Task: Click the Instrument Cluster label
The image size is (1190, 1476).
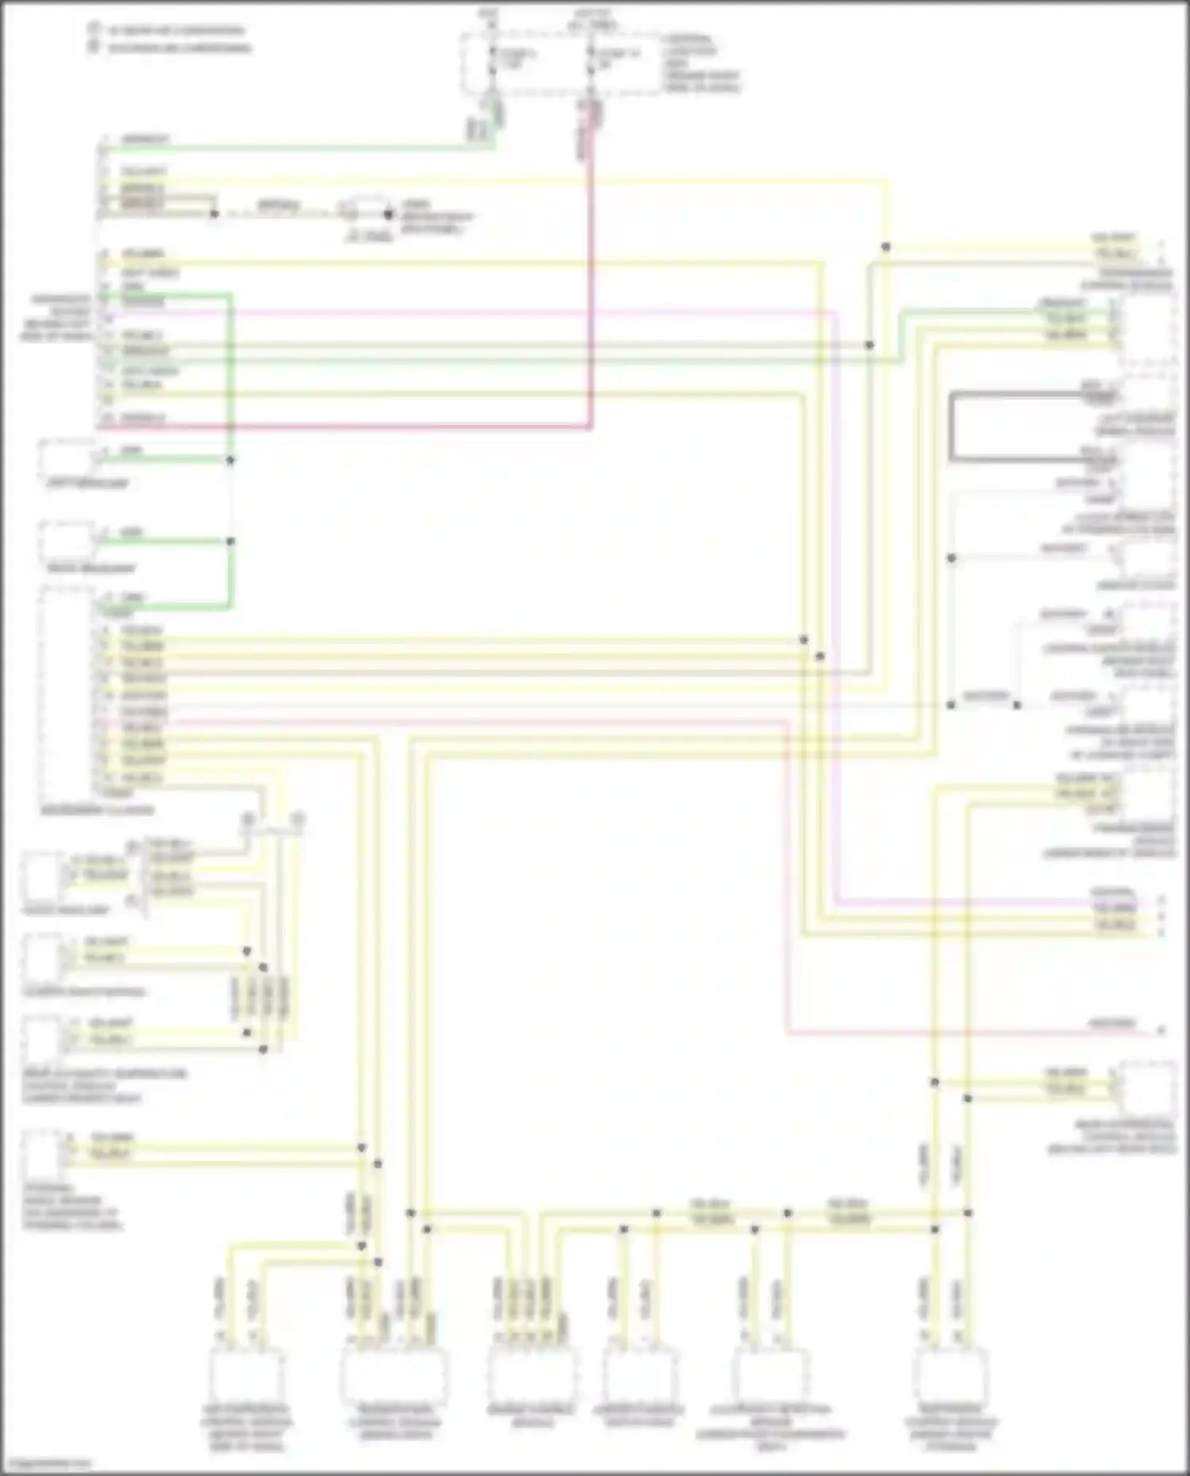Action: [x=97, y=811]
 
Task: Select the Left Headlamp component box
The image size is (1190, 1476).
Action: [x=67, y=458]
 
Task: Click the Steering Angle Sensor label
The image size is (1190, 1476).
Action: [x=71, y=1207]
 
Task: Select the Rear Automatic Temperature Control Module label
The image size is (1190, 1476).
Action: [x=103, y=1086]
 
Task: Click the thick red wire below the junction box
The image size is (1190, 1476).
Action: [x=591, y=278]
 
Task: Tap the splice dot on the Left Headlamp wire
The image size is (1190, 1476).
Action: [x=231, y=460]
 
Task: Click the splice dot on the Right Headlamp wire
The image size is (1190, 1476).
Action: [x=231, y=542]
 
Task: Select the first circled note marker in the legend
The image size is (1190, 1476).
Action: [x=94, y=29]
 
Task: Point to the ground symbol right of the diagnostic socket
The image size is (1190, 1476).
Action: [x=389, y=214]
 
